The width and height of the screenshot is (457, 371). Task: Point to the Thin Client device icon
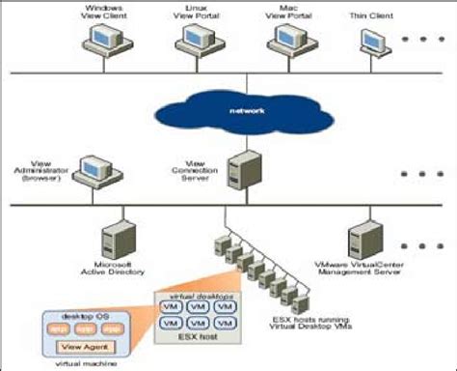374,42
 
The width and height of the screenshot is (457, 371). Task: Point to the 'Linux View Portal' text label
193,12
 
